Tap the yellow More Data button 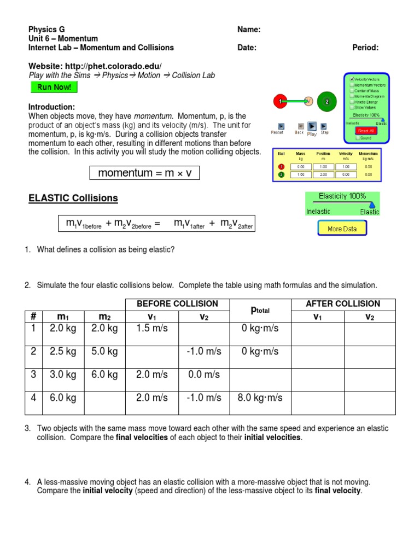pos(342,229)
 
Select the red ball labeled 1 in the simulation pos(281,101)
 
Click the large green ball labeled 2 pos(326,101)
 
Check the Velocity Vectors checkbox pos(352,79)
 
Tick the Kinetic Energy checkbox pos(352,102)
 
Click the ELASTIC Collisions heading pos(73,198)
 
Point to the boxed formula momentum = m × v pos(144,173)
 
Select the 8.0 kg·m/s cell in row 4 pos(260,398)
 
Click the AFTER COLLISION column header pos(343,304)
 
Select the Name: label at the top pos(249,30)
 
